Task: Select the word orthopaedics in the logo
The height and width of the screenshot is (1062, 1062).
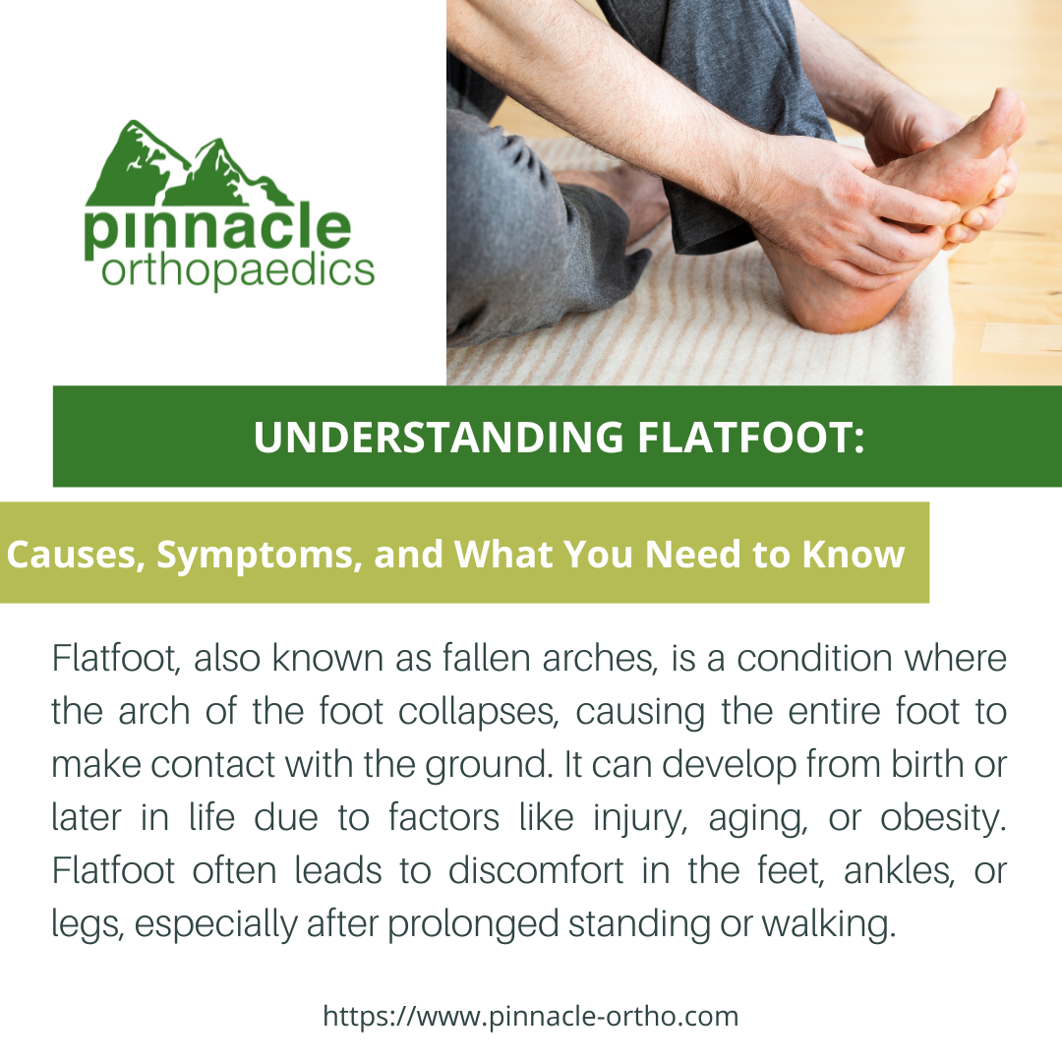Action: [x=237, y=269]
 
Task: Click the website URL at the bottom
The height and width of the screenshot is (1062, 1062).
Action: [x=531, y=1015]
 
